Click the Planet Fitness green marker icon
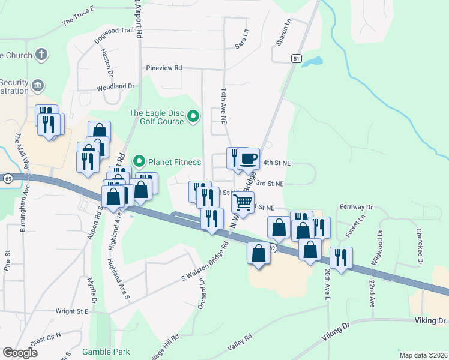[x=139, y=161]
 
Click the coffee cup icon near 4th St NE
[x=248, y=159]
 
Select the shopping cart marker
[x=243, y=202]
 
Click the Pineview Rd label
[x=164, y=68]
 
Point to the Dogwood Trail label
[x=114, y=35]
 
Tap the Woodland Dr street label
[x=115, y=86]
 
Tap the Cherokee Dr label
[x=418, y=245]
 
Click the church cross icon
[x=41, y=55]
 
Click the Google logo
[x=20, y=353]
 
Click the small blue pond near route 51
[x=312, y=61]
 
